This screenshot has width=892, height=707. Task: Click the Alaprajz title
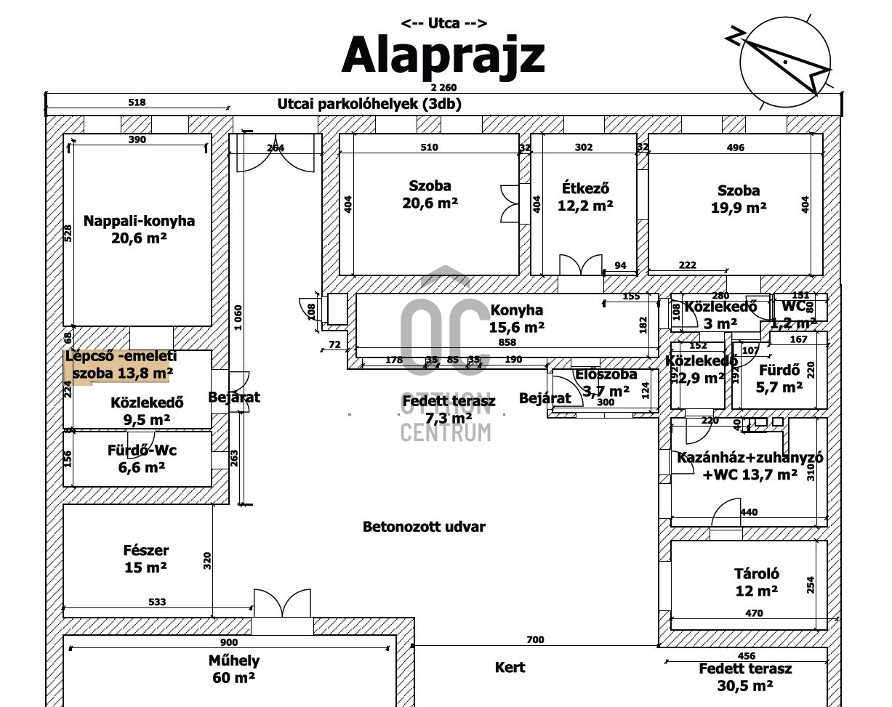tap(443, 55)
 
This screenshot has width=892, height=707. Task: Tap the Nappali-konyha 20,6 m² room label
tap(139, 228)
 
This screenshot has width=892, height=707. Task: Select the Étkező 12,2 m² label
tap(585, 196)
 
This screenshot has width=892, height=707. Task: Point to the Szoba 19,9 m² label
tap(739, 199)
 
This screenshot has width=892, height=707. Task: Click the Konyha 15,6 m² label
tap(516, 318)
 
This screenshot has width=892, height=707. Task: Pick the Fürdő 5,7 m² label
tap(779, 378)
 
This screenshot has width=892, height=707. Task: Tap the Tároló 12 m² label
tap(756, 582)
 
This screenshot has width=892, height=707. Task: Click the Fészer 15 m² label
tap(145, 559)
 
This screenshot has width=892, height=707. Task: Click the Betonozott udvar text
tap(424, 527)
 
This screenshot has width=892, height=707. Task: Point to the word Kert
tap(510, 667)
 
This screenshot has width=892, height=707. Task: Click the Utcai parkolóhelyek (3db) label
tap(369, 104)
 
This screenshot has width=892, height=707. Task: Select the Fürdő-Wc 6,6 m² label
tap(142, 458)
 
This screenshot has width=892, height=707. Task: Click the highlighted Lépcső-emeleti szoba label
tap(121, 365)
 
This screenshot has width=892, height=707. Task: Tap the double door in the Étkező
tap(580, 265)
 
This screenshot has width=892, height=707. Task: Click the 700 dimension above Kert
tap(534, 639)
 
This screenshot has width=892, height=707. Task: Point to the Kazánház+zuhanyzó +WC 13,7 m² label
tap(749, 466)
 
